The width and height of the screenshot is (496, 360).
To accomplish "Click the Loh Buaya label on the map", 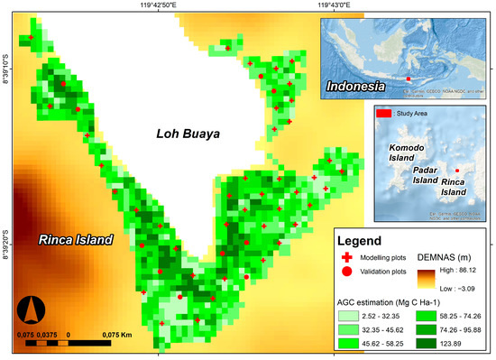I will click(188, 135).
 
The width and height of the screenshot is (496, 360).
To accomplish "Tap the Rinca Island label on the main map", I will click(76, 240).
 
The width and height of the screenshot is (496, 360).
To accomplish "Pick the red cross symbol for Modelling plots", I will click(347, 258).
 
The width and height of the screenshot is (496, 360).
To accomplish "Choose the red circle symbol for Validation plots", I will click(347, 271).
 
